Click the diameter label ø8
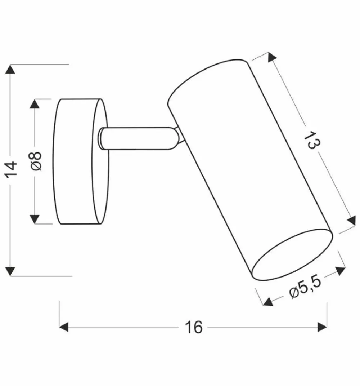click(36, 161)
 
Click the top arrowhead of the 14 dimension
click(11, 70)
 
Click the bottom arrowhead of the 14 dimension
click(11, 270)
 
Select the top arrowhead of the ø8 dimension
click(35, 104)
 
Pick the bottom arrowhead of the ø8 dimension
click(35, 219)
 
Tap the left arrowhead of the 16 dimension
click(64, 327)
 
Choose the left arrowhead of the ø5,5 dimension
click(267, 301)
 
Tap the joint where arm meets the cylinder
click(179, 138)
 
